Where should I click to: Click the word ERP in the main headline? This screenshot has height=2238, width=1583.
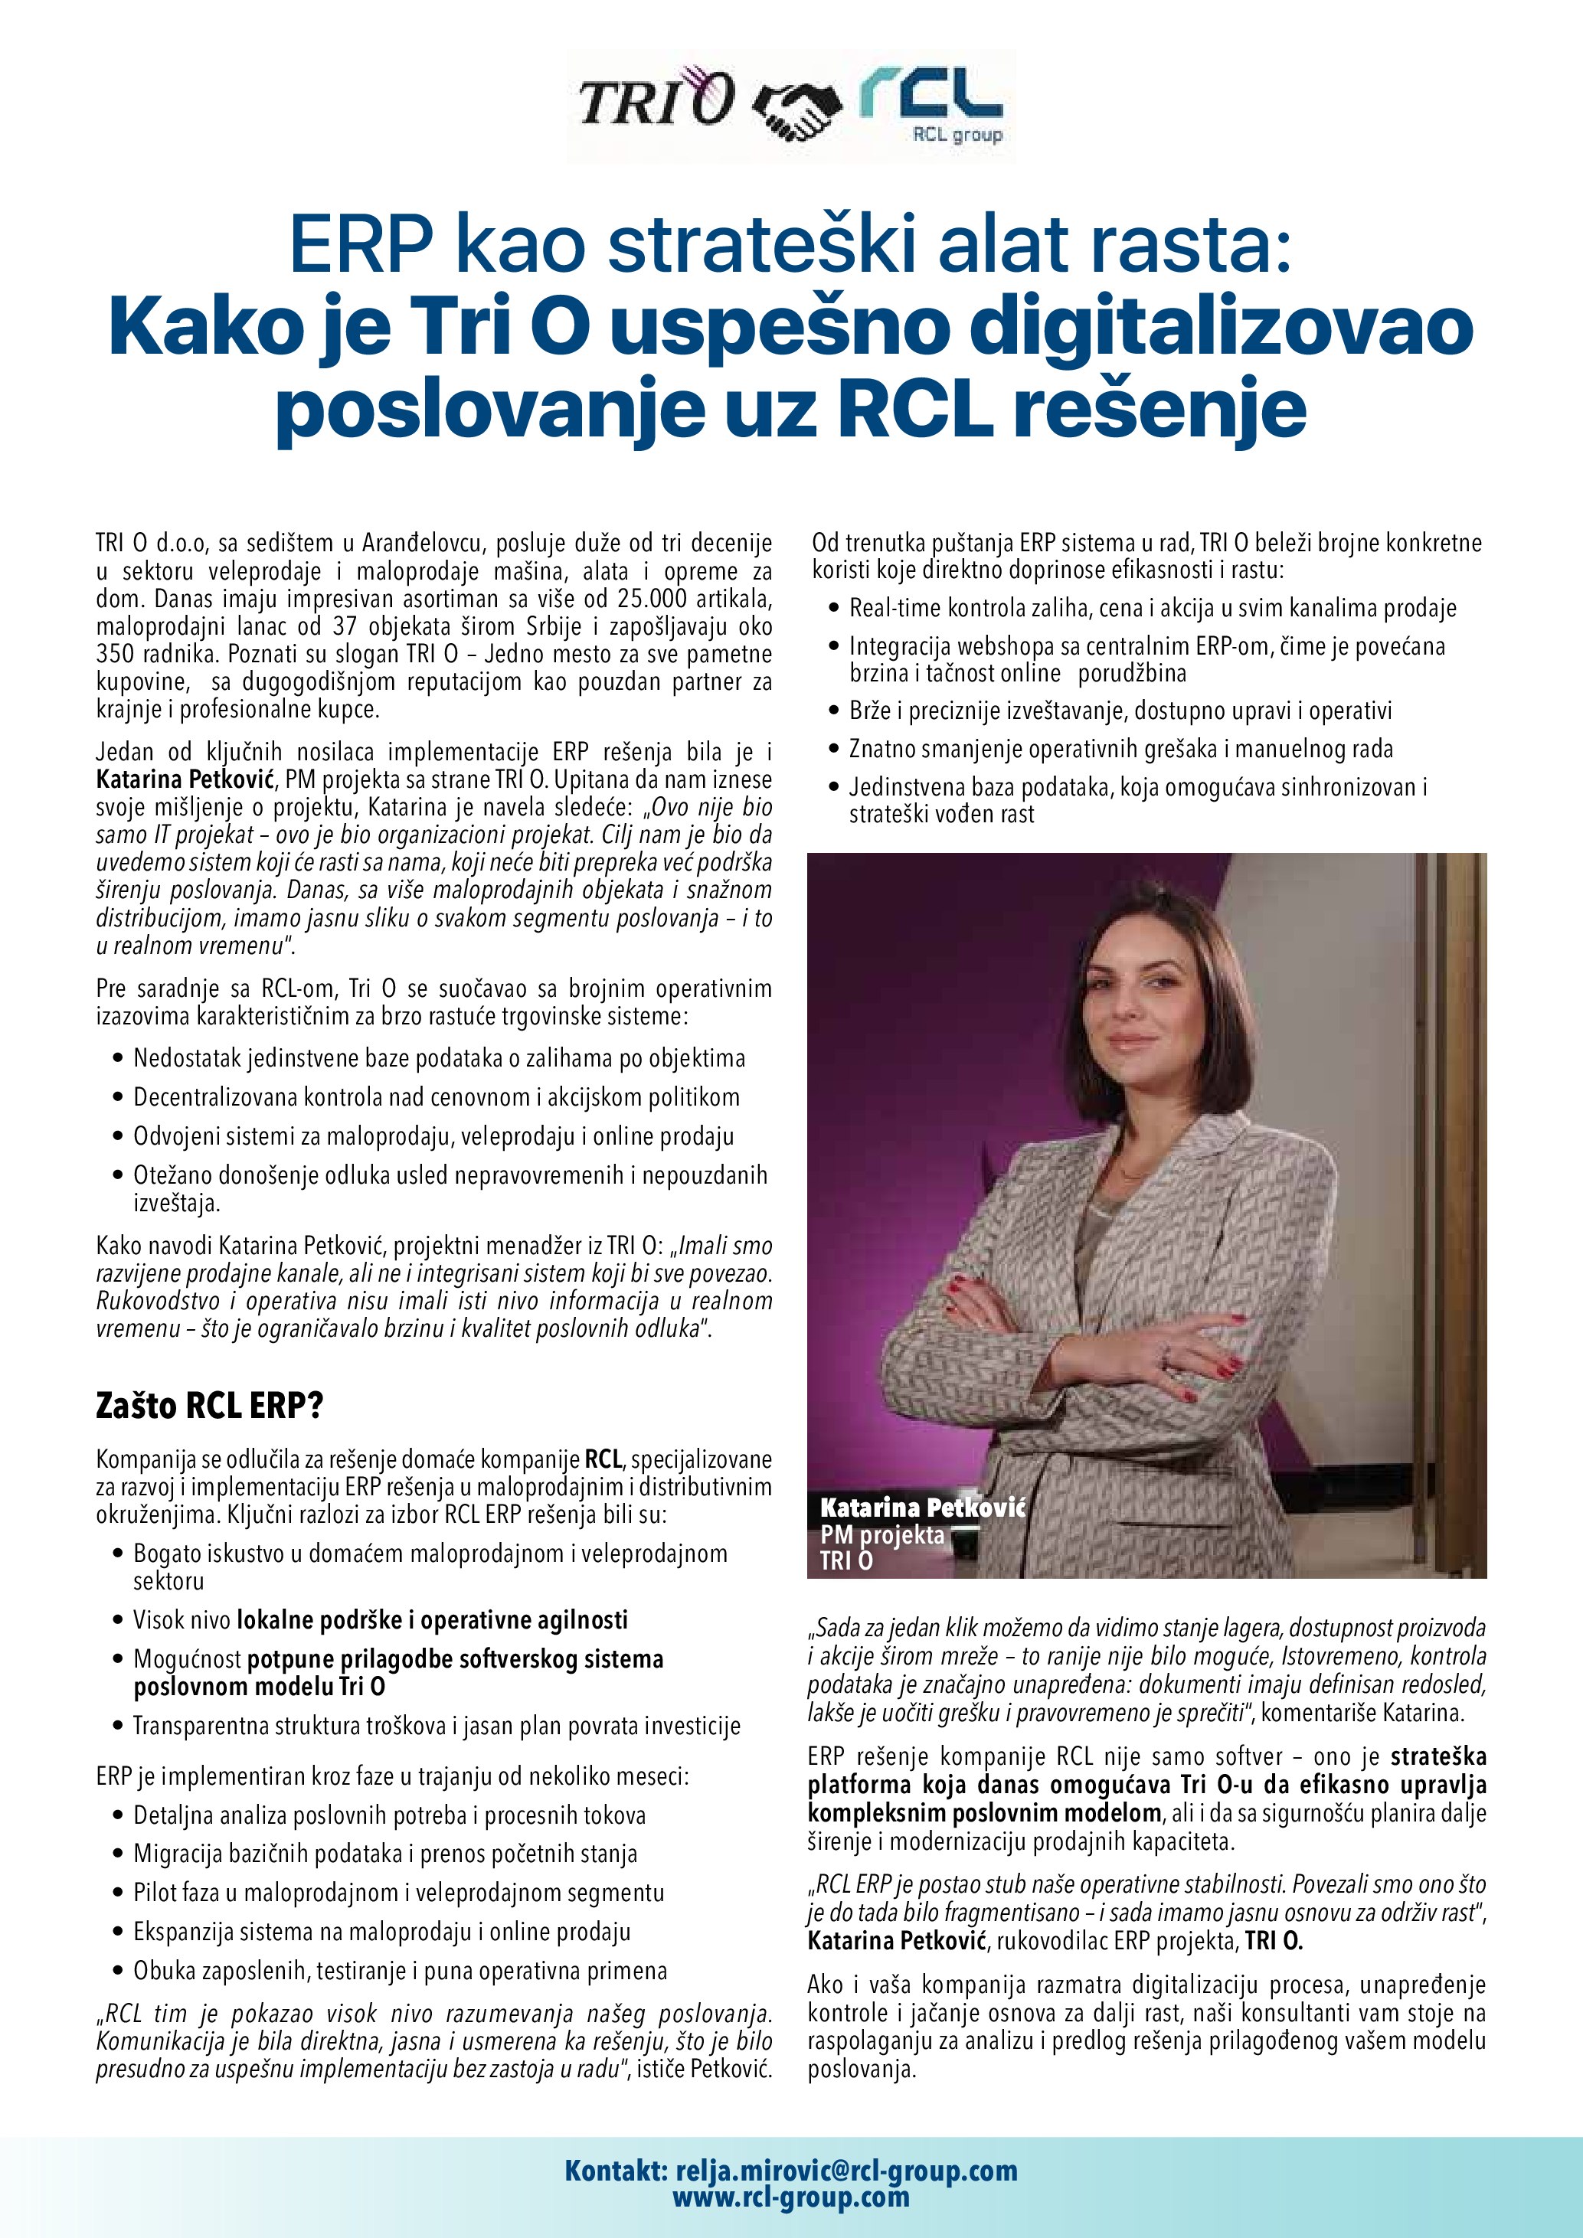pyautogui.click(x=361, y=247)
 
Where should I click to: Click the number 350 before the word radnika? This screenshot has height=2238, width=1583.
pyautogui.click(x=116, y=653)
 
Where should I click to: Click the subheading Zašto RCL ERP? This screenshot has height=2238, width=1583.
pyautogui.click(x=210, y=1405)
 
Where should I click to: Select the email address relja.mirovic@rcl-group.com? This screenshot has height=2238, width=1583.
pyautogui.click(x=846, y=2170)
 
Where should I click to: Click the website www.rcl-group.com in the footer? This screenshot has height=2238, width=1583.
pyautogui.click(x=790, y=2197)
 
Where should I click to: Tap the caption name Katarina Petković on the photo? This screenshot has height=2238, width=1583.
pyautogui.click(x=922, y=1507)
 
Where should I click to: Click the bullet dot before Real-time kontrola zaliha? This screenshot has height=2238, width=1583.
pyautogui.click(x=833, y=608)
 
